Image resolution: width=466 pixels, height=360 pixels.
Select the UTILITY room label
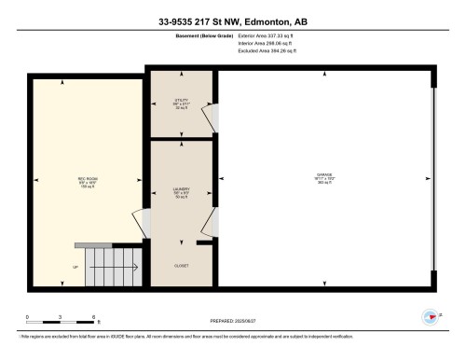[x=181, y=102]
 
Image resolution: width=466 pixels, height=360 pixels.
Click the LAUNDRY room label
[x=181, y=193]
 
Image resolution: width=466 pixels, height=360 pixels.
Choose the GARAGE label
[x=324, y=175]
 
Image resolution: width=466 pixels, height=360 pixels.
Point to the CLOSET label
[x=181, y=265]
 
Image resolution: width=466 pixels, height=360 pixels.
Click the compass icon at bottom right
[x=430, y=316]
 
